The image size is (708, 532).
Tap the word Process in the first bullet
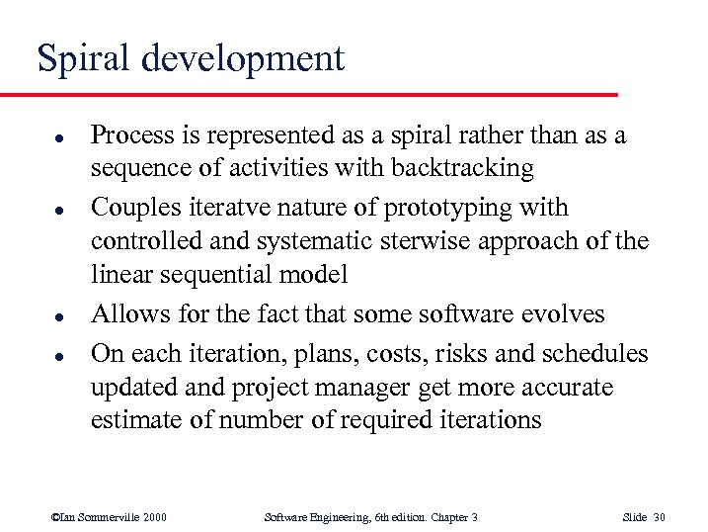coord(128,135)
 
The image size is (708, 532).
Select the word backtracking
coord(464,169)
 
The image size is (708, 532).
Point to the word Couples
coord(128,209)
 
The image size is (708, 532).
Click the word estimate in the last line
coord(130,420)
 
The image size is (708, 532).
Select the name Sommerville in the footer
coord(102,517)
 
